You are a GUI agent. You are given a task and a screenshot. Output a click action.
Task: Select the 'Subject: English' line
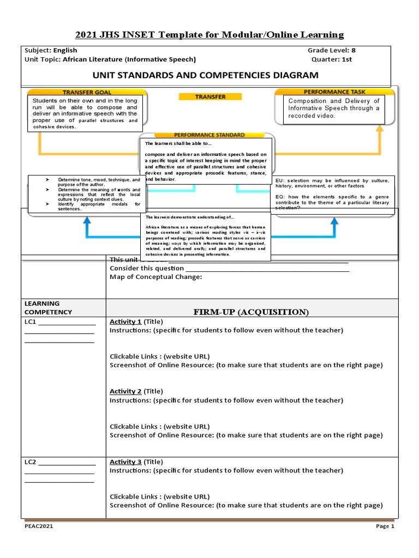(x=51, y=50)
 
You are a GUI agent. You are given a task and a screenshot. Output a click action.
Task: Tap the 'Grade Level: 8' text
(x=331, y=50)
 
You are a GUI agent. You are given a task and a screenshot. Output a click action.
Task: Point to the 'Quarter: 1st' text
(x=331, y=59)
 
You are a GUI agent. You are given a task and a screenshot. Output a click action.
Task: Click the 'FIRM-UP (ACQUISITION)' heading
(x=251, y=312)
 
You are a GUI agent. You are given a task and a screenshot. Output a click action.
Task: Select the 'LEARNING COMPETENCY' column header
(x=48, y=307)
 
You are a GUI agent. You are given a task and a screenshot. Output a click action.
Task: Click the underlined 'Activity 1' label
(x=125, y=321)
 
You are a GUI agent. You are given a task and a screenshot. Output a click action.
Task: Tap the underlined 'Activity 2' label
(x=125, y=391)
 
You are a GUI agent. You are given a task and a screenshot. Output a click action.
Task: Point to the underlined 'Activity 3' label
(x=125, y=462)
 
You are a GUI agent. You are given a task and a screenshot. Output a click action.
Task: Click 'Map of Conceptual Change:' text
(x=156, y=277)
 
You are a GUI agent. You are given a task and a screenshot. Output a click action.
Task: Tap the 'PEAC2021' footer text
(x=39, y=526)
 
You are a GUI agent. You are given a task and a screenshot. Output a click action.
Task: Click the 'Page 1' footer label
(x=384, y=526)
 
